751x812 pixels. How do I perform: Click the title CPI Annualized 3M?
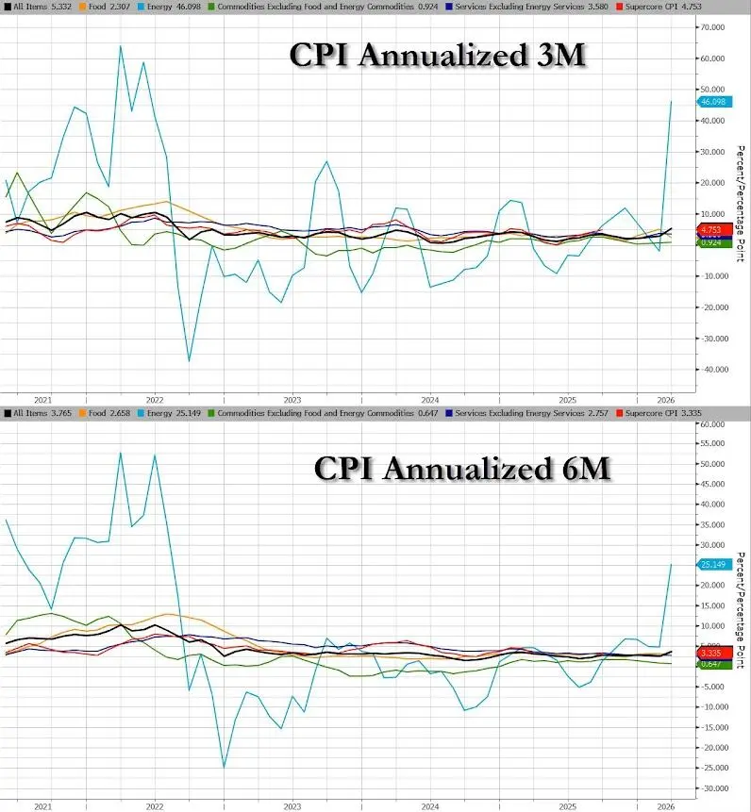click(x=437, y=57)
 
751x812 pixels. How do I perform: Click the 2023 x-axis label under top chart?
click(x=292, y=398)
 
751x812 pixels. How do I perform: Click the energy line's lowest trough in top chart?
click(x=190, y=361)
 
